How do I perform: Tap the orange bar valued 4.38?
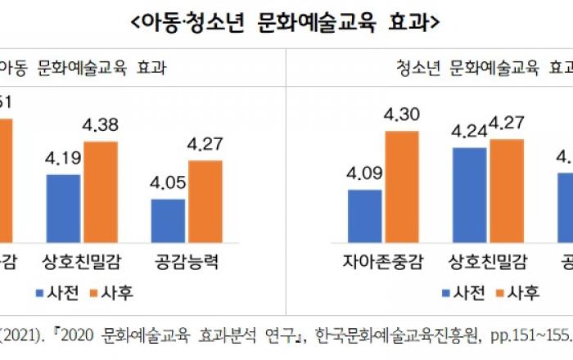[106, 192]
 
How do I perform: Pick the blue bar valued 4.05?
[168, 220]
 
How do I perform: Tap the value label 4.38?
[102, 126]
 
